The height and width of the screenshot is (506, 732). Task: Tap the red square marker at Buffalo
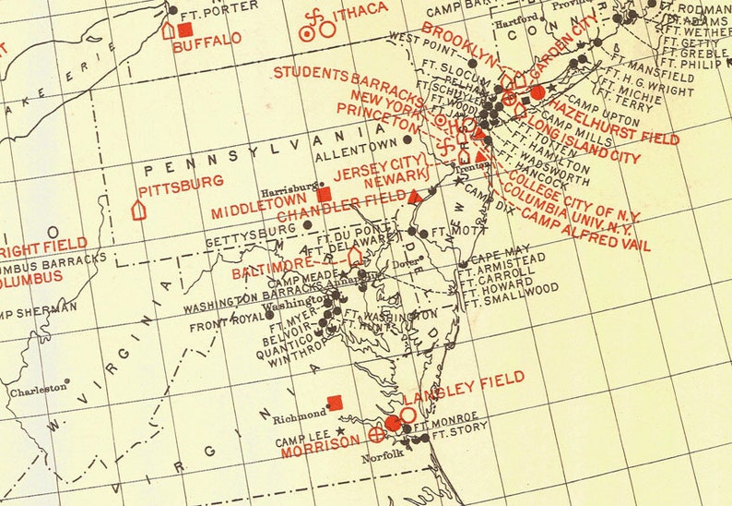(186, 30)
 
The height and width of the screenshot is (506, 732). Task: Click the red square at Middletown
(323, 194)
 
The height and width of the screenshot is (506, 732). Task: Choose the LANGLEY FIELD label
(461, 382)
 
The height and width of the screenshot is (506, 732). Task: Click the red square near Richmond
(336, 402)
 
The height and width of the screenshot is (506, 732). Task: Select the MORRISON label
(319, 442)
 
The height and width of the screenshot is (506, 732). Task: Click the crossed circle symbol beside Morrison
(375, 433)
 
